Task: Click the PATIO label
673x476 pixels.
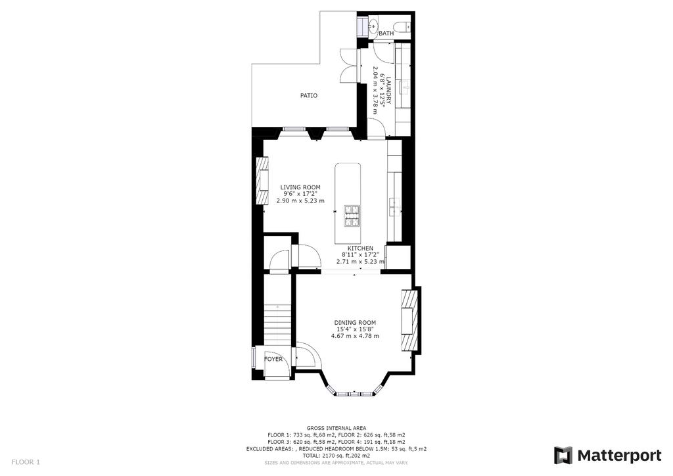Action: [309, 96]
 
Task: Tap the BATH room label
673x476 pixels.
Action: [386, 33]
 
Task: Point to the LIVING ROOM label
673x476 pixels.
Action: [300, 187]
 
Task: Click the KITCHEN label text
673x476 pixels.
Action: [360, 249]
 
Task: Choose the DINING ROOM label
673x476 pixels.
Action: [355, 323]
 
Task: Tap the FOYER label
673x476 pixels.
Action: [273, 359]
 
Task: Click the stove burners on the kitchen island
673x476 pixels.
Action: [352, 216]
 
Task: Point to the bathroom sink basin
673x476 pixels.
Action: [372, 26]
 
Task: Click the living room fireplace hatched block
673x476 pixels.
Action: [262, 181]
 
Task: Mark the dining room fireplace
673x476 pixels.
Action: [409, 321]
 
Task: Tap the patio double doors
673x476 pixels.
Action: [348, 65]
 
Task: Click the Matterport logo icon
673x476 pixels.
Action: [563, 456]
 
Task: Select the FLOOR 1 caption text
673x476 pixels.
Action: [26, 462]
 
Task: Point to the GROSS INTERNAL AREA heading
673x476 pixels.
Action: [336, 428]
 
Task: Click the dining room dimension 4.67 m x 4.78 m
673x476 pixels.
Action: [355, 336]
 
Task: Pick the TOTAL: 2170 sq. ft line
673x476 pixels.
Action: [336, 456]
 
